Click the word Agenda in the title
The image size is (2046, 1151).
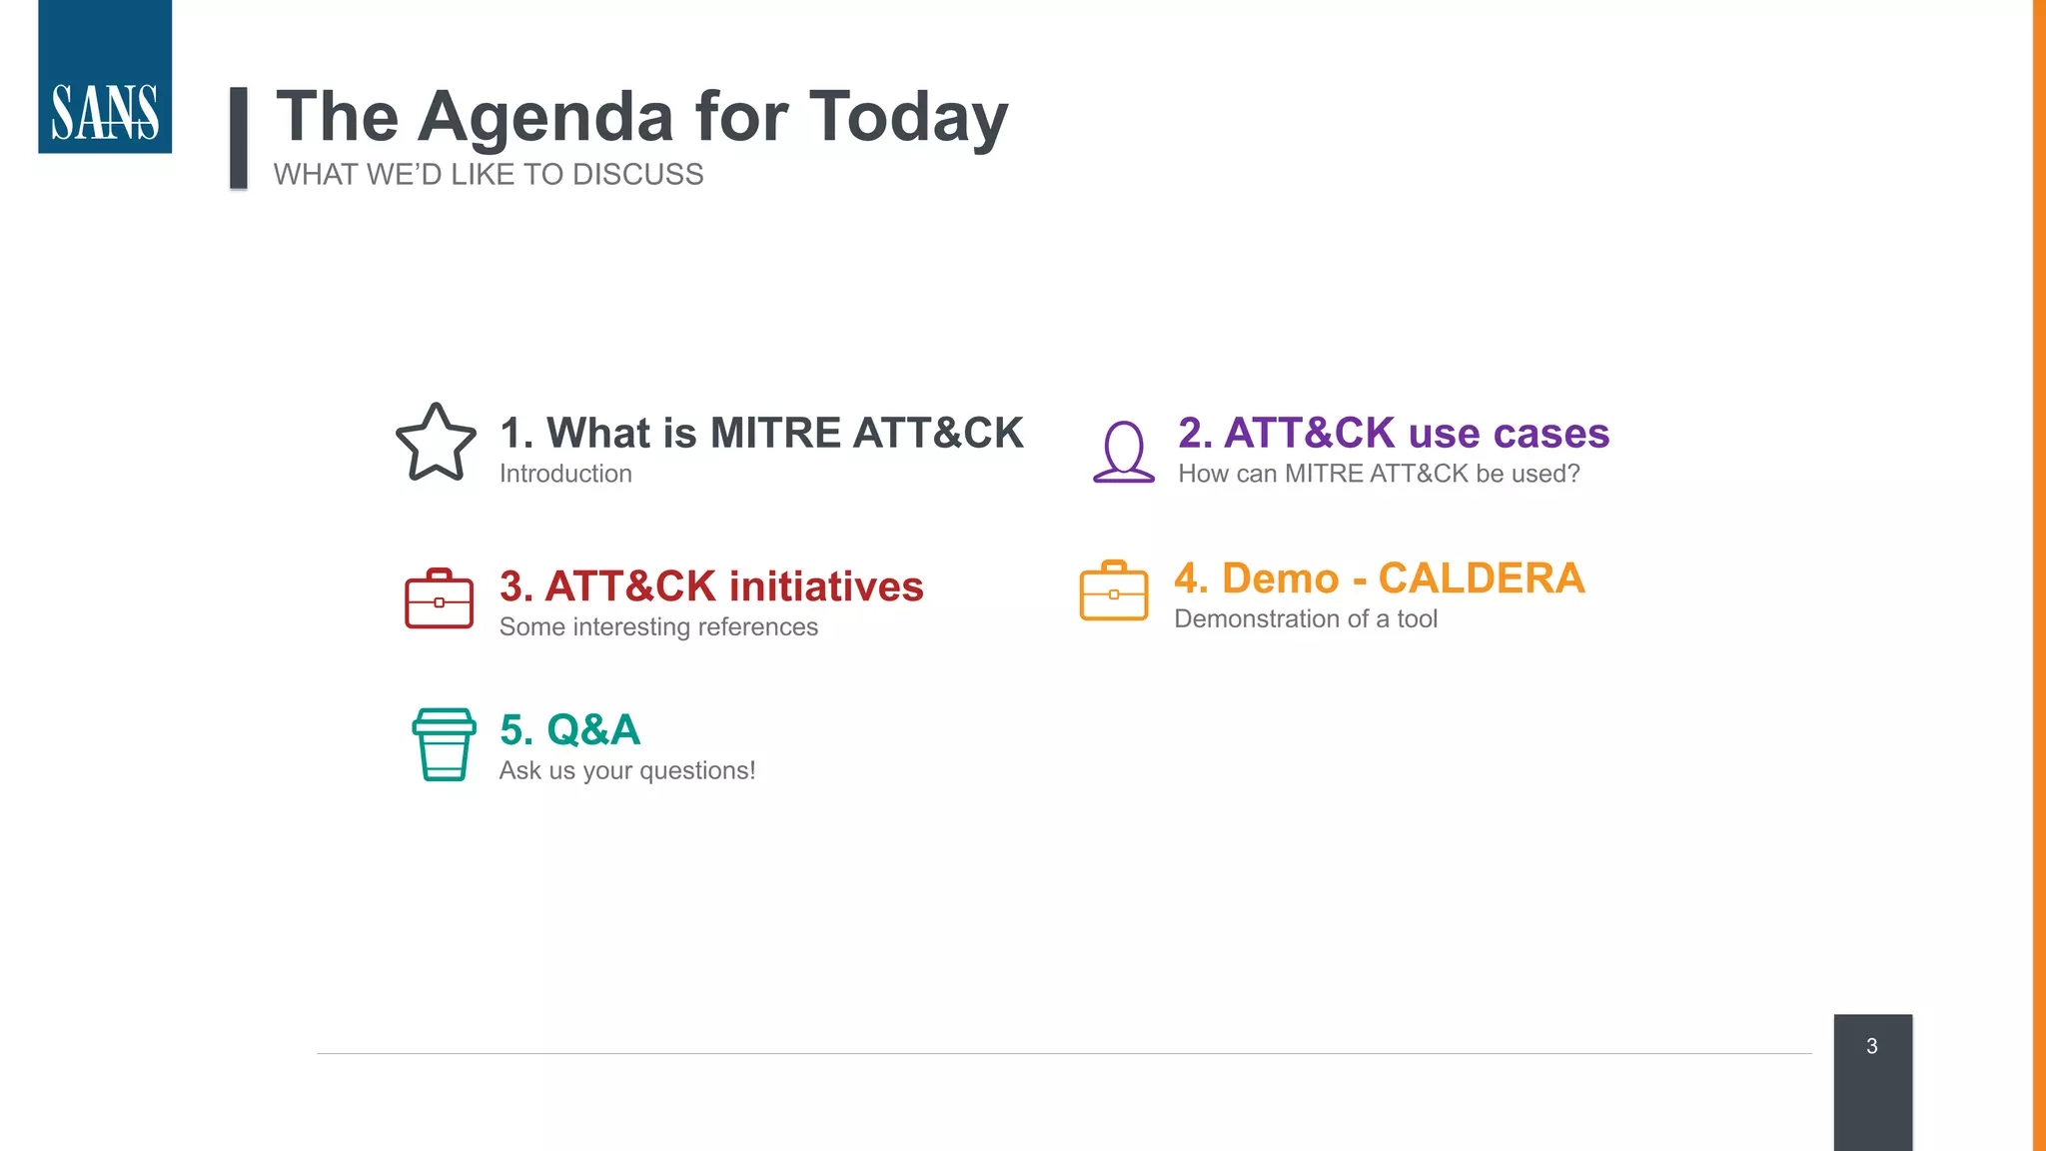546,118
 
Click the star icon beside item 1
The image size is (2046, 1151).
436,444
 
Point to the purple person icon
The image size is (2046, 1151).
1124,452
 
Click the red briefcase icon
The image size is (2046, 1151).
439,598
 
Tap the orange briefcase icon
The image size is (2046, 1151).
1114,590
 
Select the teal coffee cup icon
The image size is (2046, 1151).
444,744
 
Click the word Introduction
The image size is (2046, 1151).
565,474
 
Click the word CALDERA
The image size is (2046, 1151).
1481,578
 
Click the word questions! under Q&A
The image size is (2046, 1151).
697,771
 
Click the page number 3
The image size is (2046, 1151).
1872,1046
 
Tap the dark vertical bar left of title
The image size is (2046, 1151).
239,138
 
